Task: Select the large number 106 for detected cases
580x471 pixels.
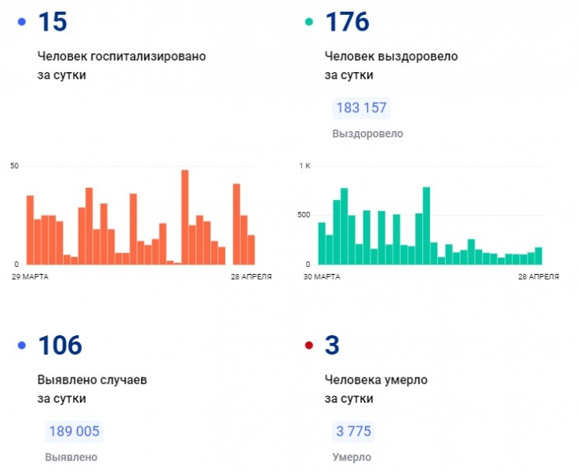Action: (59, 345)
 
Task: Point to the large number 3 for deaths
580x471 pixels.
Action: (332, 345)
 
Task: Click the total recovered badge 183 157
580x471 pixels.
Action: (361, 108)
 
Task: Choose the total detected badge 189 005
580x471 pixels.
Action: (74, 431)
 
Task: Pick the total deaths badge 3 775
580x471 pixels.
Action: (352, 431)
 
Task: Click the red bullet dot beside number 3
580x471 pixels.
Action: (310, 345)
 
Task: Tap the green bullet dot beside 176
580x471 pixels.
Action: (310, 22)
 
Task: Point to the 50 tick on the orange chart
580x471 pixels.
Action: (14, 166)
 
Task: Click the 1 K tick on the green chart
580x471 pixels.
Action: (305, 166)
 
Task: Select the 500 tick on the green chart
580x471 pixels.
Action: (305, 214)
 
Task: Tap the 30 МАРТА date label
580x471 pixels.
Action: (322, 276)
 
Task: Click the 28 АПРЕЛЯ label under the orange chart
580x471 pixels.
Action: (252, 276)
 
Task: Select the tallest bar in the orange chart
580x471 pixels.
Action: (185, 217)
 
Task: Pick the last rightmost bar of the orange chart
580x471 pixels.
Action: (251, 250)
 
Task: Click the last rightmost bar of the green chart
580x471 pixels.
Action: (538, 256)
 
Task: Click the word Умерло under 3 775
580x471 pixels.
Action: (352, 457)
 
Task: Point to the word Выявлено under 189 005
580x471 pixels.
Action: (71, 457)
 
